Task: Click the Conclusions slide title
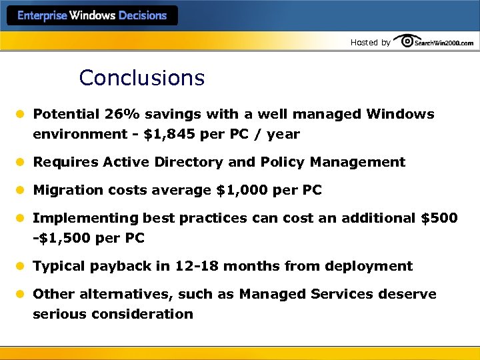[141, 78]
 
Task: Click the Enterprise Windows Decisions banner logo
[92, 15]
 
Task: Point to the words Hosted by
[371, 43]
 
